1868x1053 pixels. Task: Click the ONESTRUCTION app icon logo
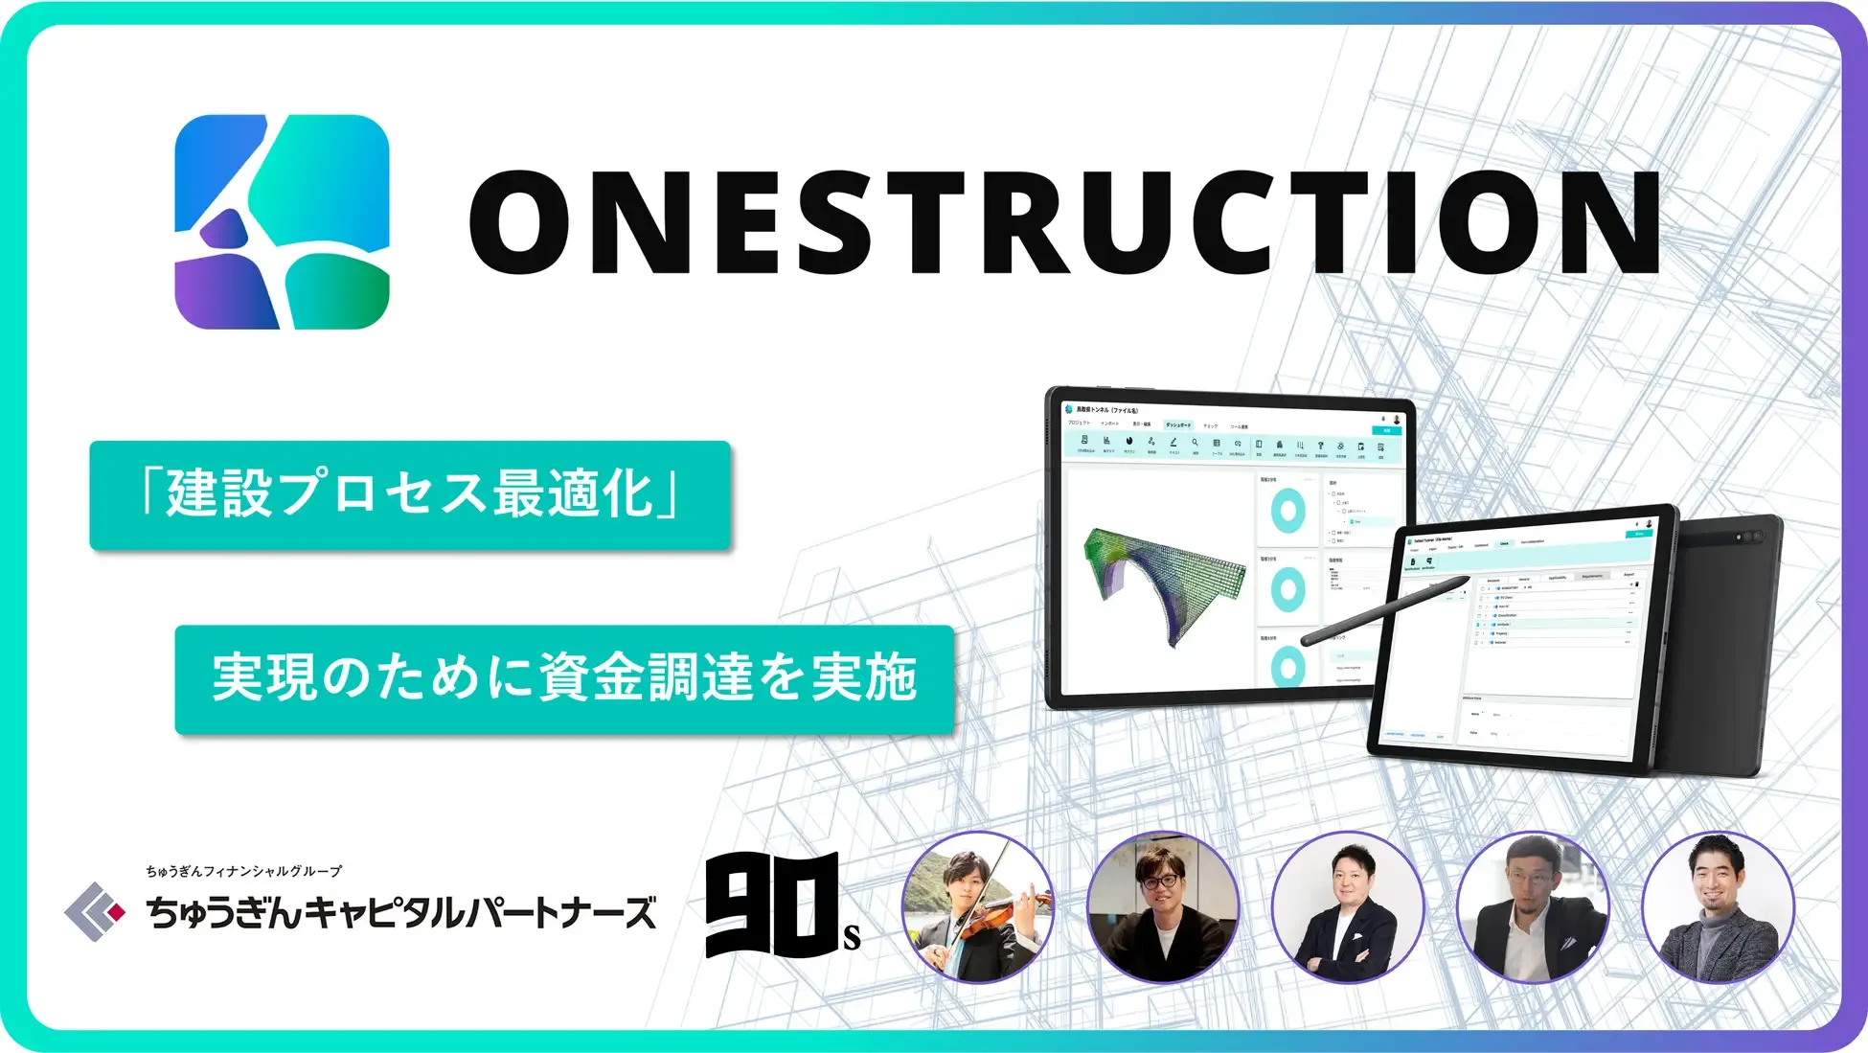click(282, 221)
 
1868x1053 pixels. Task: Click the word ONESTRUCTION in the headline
click(1063, 223)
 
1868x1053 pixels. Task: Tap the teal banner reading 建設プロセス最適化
click(410, 494)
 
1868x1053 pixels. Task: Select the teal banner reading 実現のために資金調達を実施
click(564, 678)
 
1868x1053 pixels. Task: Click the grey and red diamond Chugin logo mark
click(94, 911)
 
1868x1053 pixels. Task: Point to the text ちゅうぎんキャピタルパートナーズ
click(401, 912)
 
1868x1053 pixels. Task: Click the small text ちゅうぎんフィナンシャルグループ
click(243, 871)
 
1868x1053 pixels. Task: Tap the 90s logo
click(780, 906)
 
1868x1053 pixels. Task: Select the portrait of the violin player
click(978, 906)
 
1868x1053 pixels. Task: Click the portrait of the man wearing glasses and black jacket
click(1163, 906)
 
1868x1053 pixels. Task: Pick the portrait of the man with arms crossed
click(1348, 906)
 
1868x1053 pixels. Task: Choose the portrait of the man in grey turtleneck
click(1718, 906)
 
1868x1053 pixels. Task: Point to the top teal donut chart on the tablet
click(1287, 511)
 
